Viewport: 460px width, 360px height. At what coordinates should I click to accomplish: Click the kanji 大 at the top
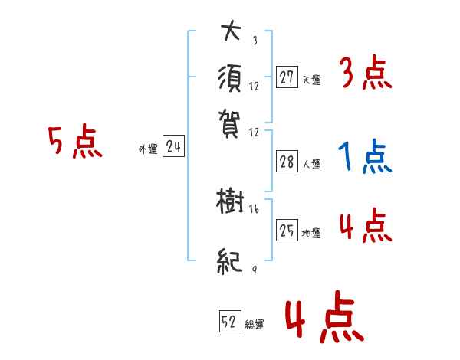[231, 32]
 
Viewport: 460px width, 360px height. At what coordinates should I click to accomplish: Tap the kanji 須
[231, 78]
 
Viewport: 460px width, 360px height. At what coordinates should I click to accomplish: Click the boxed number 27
[287, 77]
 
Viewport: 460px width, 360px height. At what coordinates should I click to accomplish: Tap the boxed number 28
[287, 161]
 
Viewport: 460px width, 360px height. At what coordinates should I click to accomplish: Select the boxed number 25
[287, 231]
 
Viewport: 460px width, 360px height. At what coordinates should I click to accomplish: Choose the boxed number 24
[173, 147]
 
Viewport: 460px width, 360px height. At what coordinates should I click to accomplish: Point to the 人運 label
[311, 164]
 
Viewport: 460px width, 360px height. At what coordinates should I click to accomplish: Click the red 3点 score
[365, 74]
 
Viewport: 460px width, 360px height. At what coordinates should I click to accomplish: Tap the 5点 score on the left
[74, 143]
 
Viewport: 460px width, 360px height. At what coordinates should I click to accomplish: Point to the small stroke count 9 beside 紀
[253, 270]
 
